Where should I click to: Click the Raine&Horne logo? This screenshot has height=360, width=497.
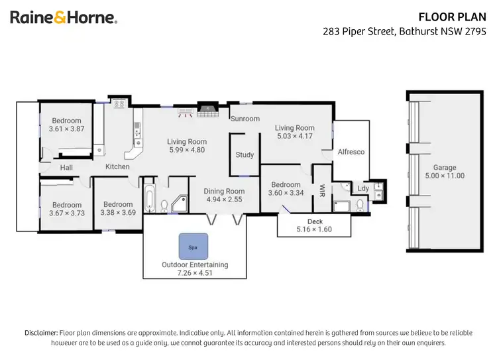(64, 18)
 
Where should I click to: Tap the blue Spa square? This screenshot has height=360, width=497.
(193, 246)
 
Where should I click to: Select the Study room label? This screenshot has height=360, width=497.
(245, 155)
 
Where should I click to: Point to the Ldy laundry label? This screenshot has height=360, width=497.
(362, 189)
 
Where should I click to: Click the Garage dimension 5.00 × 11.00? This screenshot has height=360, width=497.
(445, 176)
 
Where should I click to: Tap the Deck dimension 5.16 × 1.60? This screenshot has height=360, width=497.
(315, 229)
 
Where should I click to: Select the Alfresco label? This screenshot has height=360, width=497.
(351, 152)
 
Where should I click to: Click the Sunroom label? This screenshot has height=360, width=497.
(245, 119)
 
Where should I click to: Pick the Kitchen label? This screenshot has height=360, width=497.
(117, 167)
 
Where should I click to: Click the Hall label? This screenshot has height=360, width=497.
(66, 168)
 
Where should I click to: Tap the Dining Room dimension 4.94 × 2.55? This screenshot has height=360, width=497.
(224, 199)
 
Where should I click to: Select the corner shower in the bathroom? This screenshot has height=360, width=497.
(178, 204)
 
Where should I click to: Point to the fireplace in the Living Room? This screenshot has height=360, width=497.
(207, 109)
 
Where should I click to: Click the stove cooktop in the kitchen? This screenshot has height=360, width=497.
(120, 103)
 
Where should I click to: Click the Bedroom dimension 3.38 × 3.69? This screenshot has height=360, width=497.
(117, 213)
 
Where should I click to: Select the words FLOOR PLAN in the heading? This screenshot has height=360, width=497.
(458, 17)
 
